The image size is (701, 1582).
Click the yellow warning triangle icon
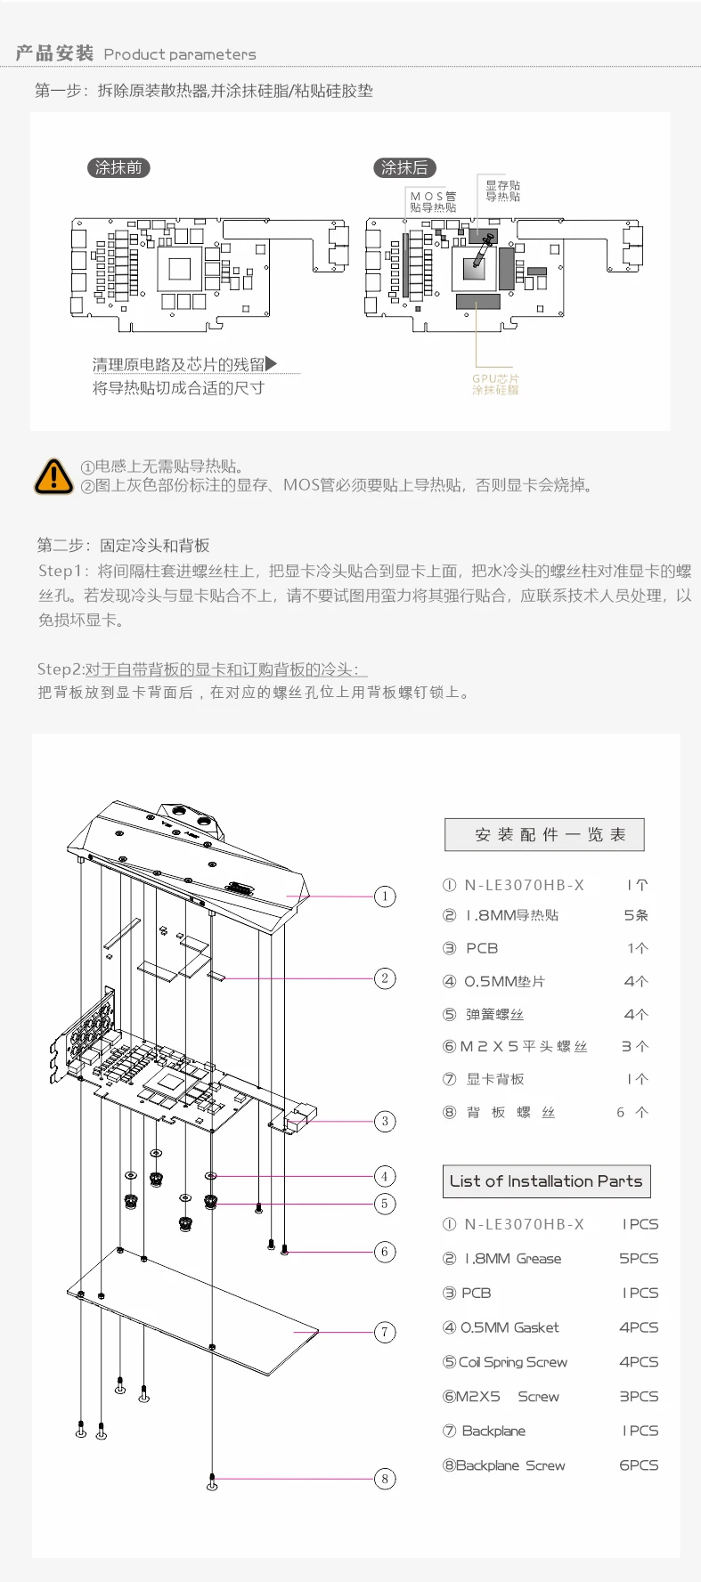point(53,476)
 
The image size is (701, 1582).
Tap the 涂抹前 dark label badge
point(118,167)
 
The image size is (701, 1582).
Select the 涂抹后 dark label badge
point(404,167)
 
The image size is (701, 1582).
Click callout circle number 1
point(385,896)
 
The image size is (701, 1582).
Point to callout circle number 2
point(385,978)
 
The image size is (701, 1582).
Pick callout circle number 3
point(385,1121)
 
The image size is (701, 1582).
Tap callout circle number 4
point(385,1176)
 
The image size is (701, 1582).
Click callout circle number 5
point(385,1204)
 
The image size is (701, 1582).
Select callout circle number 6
point(385,1252)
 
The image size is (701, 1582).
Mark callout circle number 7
point(385,1332)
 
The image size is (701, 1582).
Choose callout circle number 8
point(385,1479)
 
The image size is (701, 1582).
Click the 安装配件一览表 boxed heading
point(544,834)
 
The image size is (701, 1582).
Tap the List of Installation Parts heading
point(546,1181)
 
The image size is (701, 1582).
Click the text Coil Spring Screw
point(512,1362)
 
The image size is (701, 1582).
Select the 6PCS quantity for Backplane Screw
point(639,1465)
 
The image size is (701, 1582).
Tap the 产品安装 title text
point(54,53)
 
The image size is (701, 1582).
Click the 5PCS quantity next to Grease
point(639,1259)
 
